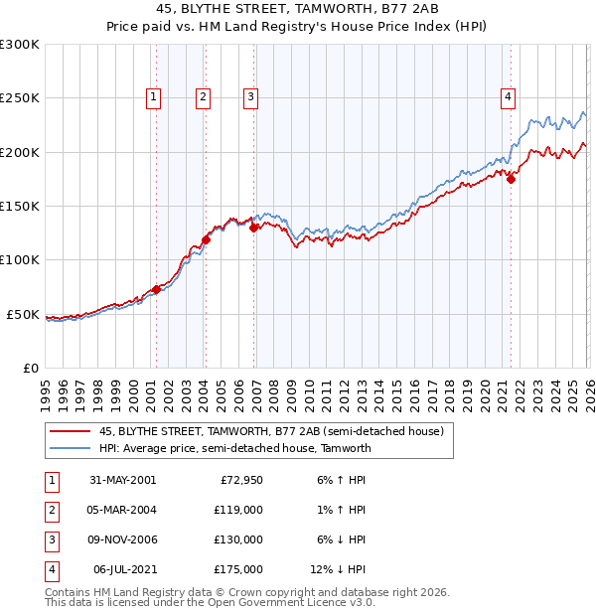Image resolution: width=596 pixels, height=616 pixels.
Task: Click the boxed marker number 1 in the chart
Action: point(155,96)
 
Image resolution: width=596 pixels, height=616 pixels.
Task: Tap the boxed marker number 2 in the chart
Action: point(203,96)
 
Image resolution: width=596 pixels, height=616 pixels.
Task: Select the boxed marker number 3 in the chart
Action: point(249,96)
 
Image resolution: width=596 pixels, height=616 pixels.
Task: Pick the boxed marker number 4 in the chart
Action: point(508,96)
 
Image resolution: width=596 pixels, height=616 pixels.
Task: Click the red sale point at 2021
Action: point(511,179)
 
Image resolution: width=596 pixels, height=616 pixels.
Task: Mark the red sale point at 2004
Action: point(207,239)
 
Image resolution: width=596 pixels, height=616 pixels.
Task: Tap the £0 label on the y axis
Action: point(29,368)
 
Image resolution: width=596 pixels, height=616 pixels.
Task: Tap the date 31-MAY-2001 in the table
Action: point(123,480)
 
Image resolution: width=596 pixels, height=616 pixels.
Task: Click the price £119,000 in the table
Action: point(238,510)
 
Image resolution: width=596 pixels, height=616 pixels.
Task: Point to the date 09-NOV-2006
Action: point(123,539)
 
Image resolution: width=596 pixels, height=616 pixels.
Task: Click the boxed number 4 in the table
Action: point(50,569)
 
